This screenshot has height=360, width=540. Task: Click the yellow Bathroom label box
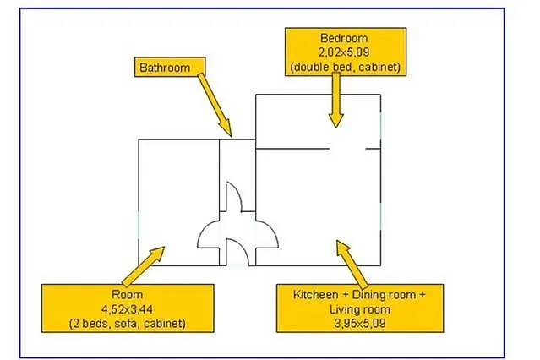tap(170, 67)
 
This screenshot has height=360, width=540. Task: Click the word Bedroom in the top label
tap(344, 38)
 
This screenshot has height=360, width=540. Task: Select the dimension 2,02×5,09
tap(344, 52)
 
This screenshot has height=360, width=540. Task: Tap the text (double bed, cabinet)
tap(345, 67)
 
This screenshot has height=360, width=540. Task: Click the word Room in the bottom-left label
tap(127, 295)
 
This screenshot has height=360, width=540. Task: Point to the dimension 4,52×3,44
tap(127, 309)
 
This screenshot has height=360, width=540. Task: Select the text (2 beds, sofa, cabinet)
tap(128, 324)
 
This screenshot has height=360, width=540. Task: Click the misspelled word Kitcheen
tap(316, 295)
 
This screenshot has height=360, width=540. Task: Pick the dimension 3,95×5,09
tap(360, 323)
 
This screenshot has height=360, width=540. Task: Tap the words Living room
tap(360, 309)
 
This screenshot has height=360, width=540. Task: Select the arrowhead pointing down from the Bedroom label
tap(336, 121)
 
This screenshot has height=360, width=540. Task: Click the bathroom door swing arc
tap(237, 193)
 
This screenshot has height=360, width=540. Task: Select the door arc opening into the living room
tap(271, 229)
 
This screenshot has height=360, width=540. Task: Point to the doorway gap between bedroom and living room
tap(347, 149)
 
